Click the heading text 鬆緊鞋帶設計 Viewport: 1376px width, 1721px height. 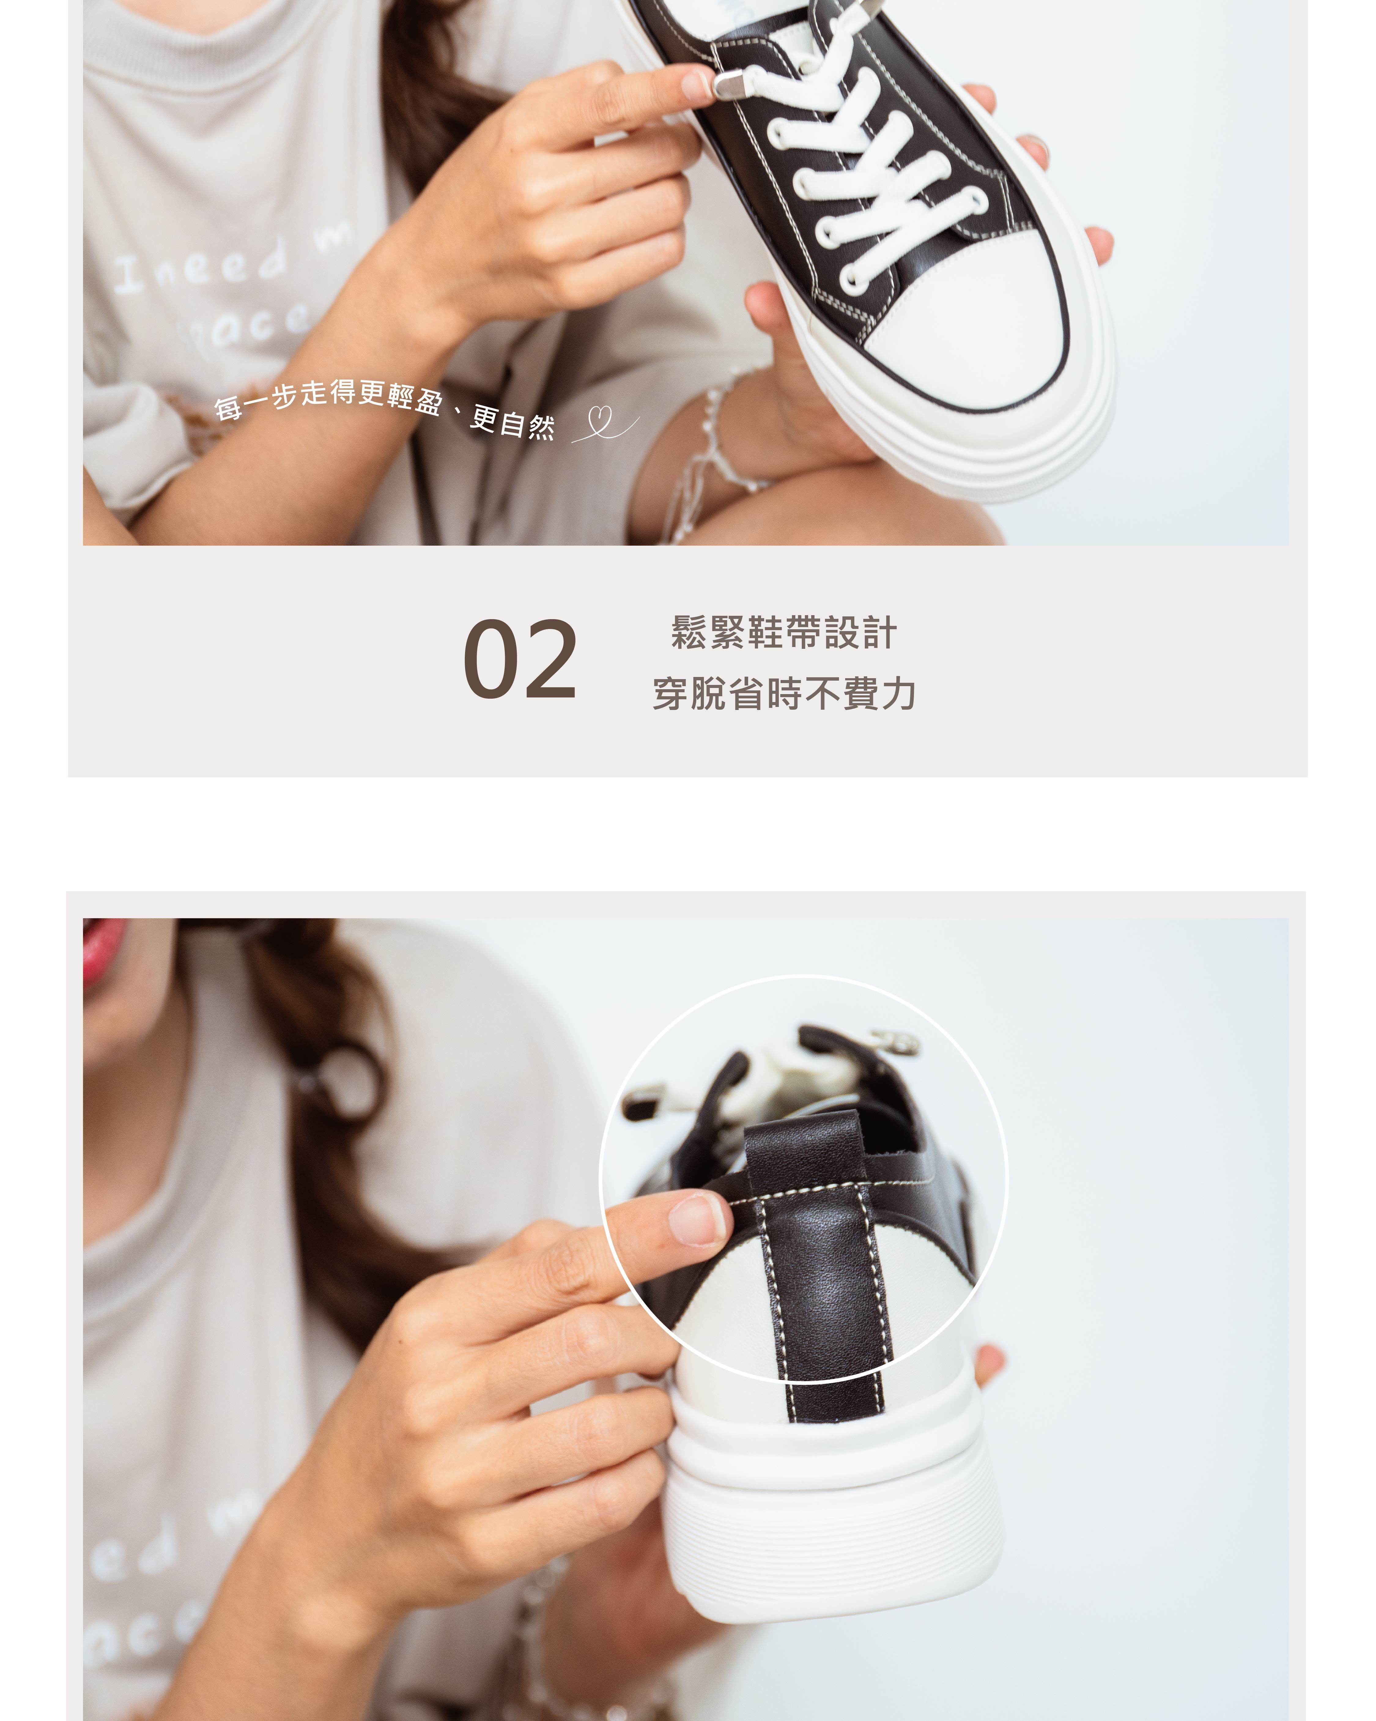[784, 633]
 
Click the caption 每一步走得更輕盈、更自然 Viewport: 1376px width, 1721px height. [383, 407]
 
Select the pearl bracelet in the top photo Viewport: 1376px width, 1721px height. [718, 447]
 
